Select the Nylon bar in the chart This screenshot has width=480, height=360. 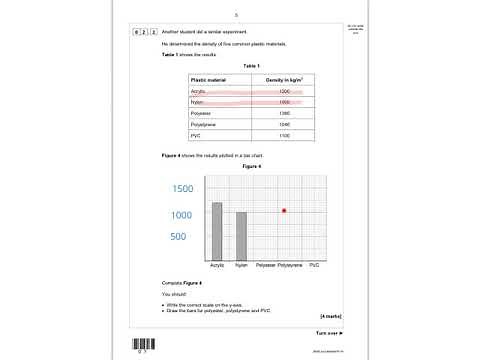pyautogui.click(x=241, y=237)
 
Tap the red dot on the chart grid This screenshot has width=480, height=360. pyautogui.click(x=284, y=210)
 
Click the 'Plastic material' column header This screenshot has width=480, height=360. pyautogui.click(x=209, y=78)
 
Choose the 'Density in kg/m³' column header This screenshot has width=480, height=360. pyautogui.click(x=284, y=78)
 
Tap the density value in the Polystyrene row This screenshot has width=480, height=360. pyautogui.click(x=284, y=124)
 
